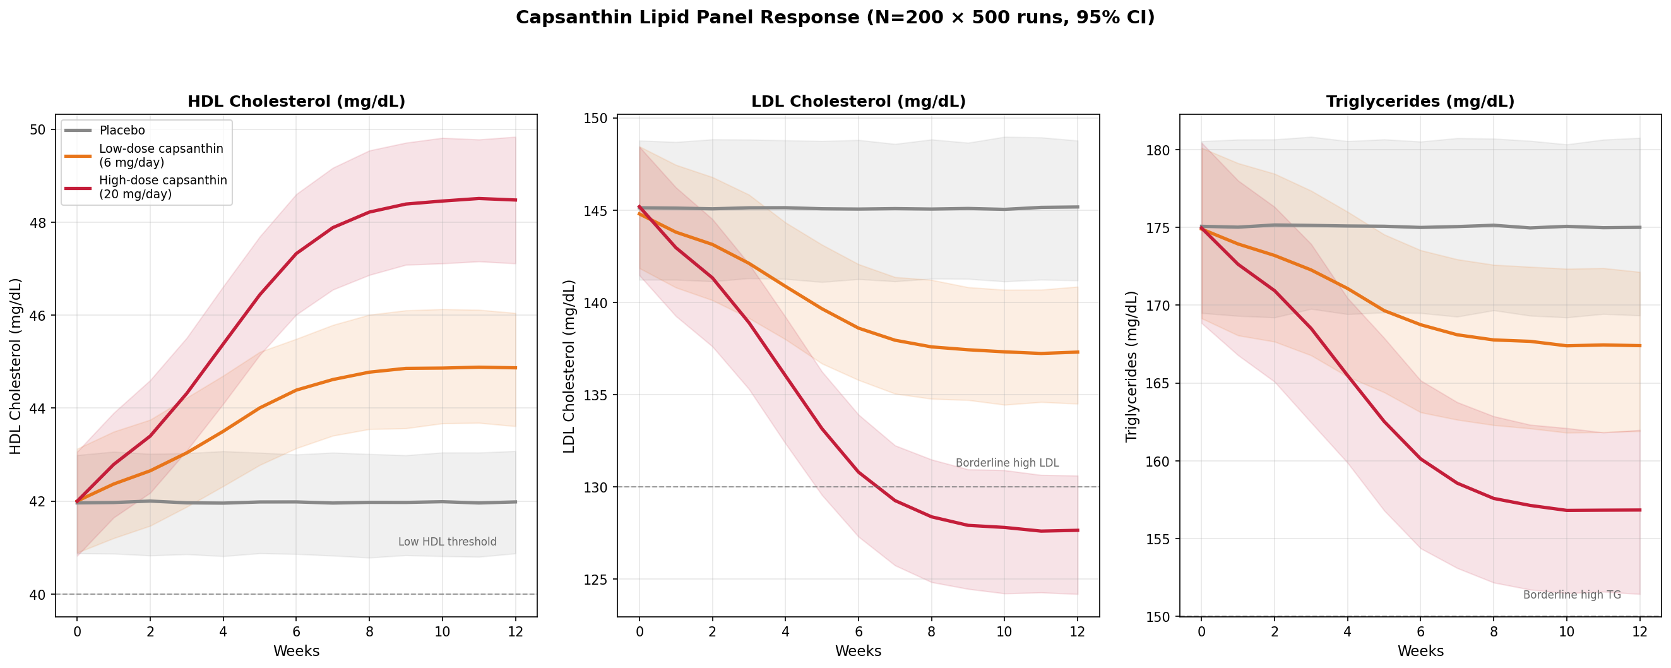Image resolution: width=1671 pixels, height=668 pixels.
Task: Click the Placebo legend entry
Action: (x=122, y=130)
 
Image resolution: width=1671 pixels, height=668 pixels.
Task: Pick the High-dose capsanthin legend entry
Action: (x=163, y=187)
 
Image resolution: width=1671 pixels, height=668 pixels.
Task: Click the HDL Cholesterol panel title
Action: (x=297, y=102)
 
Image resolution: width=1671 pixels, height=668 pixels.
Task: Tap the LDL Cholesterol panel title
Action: (x=858, y=102)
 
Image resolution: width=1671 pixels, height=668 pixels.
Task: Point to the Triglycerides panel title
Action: (x=1420, y=102)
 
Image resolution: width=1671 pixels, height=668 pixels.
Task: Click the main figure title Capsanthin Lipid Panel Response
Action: (x=835, y=18)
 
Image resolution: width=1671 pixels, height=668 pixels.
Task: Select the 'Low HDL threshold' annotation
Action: (x=447, y=542)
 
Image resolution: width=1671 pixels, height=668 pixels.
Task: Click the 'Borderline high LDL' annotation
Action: (x=1007, y=463)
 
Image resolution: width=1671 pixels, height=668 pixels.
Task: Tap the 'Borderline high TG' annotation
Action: (x=1572, y=595)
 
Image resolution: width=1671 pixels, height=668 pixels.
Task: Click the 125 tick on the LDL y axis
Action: (x=595, y=579)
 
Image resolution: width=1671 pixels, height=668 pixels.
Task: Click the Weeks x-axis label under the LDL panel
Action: (x=858, y=651)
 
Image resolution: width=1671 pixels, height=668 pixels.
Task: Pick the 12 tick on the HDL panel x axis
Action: (x=516, y=630)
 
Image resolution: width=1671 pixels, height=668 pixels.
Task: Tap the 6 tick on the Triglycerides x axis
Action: (x=1420, y=630)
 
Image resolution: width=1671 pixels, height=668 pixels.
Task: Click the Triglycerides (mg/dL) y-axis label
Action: (x=1132, y=366)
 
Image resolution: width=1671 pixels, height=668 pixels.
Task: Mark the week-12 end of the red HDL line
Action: (x=516, y=200)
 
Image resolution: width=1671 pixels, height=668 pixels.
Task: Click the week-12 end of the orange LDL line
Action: (x=1078, y=352)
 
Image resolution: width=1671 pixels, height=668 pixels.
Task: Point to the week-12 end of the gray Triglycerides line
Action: (x=1640, y=228)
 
